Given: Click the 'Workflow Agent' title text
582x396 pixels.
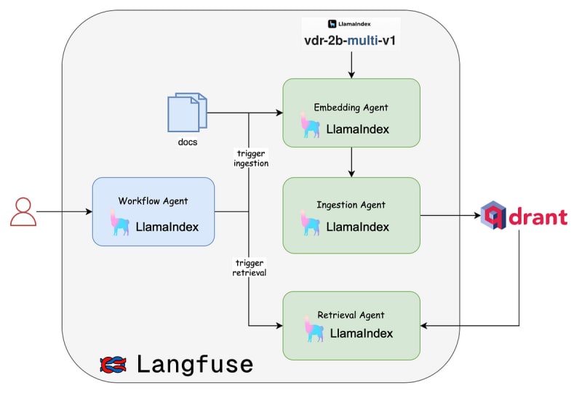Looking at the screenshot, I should (154, 200).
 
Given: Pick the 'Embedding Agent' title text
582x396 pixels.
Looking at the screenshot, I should (351, 108).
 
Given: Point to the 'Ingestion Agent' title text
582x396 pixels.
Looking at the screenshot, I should (351, 205).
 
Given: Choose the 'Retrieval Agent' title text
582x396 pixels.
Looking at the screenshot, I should (351, 315).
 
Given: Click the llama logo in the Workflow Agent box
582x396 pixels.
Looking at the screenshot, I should (118, 222).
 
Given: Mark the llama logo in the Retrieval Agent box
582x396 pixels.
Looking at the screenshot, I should (315, 329).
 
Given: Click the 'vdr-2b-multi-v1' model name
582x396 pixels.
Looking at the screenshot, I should (351, 40).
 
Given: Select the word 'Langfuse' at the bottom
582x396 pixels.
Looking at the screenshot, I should (194, 363).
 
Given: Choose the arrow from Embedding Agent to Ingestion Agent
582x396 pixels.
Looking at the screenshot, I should (351, 162).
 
